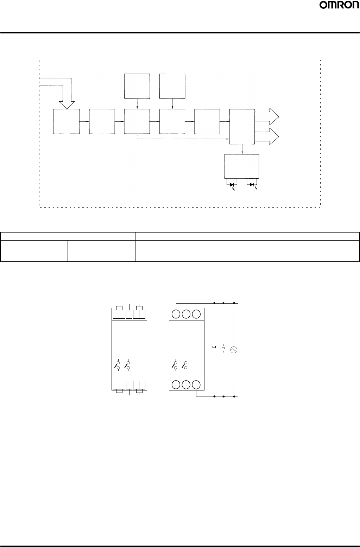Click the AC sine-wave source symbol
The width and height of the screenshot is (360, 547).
234,350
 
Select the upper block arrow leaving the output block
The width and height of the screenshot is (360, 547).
267,116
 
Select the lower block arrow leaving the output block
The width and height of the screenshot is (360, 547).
267,136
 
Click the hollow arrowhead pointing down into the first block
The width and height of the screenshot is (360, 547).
67,105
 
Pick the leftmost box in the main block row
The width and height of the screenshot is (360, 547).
67,121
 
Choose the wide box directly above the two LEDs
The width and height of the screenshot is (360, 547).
242,166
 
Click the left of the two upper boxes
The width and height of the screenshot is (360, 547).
137,86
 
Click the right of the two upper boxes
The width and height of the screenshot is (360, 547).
172,86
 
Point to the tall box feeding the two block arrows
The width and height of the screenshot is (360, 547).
242,127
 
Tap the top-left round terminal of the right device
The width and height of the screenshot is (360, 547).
176,314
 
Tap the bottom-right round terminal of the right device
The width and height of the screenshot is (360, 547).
196,385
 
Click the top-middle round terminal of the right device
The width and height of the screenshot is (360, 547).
186,314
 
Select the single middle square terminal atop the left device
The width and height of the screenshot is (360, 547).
129,314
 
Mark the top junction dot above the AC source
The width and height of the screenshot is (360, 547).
234,303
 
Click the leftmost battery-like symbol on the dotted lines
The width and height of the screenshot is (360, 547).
214,347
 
